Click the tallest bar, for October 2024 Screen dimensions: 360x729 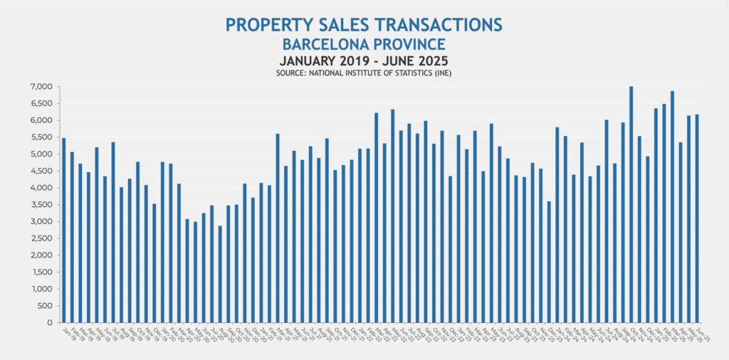[x=631, y=206]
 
